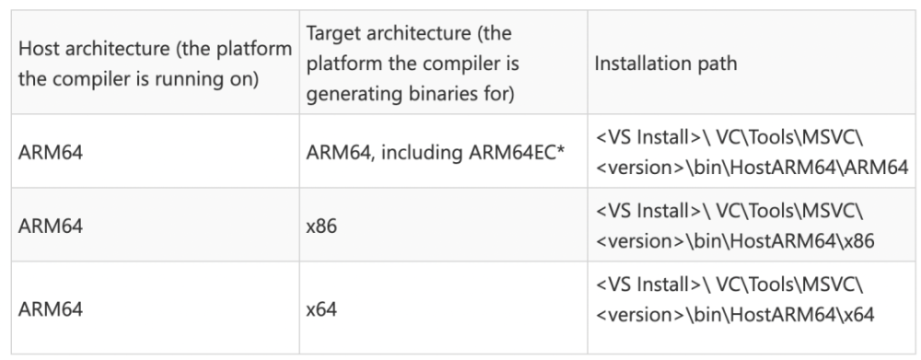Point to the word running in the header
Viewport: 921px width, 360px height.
[195, 80]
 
